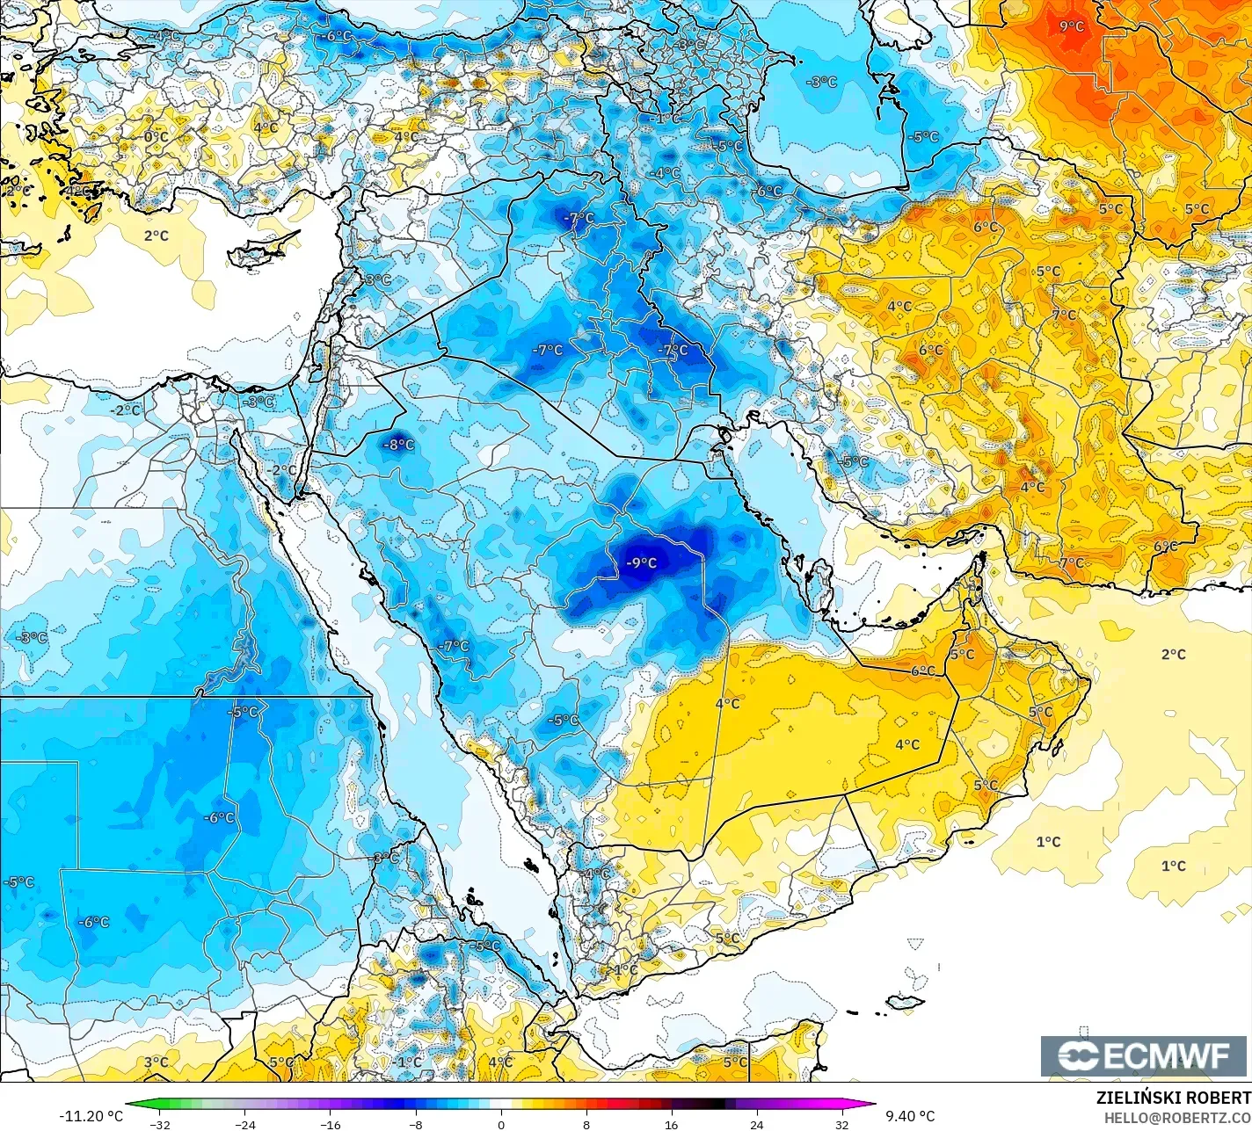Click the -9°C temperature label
point(641,562)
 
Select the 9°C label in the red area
point(1072,26)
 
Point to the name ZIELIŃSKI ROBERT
point(1173,1098)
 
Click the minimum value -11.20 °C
point(91,1116)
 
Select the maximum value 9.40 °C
point(910,1116)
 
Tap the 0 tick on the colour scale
point(501,1124)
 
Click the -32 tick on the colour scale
point(160,1124)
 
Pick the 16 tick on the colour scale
point(672,1124)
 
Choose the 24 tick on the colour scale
point(757,1124)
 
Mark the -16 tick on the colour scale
point(331,1124)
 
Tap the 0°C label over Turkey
point(156,137)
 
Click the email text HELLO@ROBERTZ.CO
point(1177,1117)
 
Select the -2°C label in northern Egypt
point(125,410)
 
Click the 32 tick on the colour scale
point(841,1124)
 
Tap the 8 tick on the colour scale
point(586,1124)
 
